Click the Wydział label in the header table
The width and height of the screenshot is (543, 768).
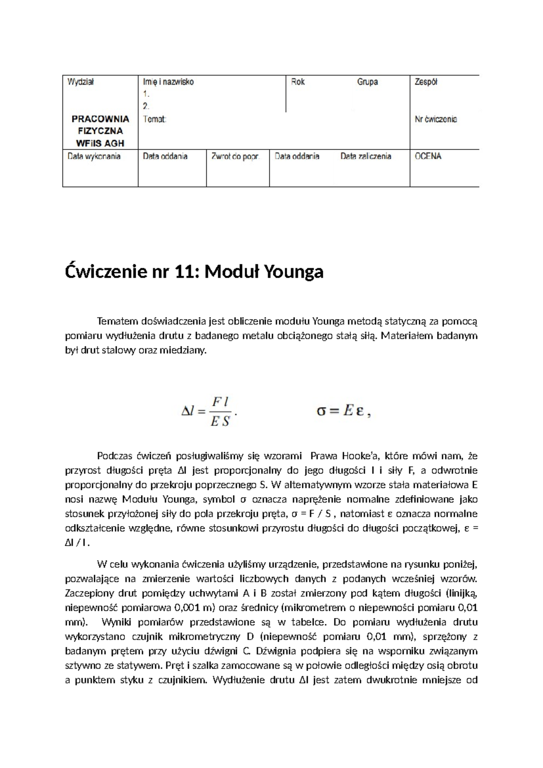point(81,82)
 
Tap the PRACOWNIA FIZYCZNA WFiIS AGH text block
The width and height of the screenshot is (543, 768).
point(100,131)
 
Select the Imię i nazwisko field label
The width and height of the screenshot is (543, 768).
point(168,82)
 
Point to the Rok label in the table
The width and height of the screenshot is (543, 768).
point(298,82)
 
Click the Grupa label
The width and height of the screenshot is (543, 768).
point(367,82)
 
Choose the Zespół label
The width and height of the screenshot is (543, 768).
point(426,82)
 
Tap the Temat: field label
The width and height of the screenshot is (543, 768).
point(155,120)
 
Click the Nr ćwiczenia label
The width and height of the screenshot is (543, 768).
point(436,120)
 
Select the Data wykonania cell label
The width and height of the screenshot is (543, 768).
point(94,156)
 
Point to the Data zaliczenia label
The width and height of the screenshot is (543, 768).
point(366,156)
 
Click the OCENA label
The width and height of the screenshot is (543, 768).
point(428,156)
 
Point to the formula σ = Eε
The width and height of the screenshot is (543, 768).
point(343,412)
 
